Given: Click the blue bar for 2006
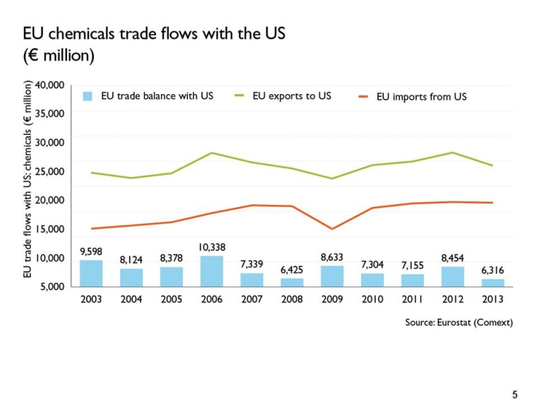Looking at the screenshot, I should click(x=211, y=271).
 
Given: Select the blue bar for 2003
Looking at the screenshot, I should click(x=90, y=274).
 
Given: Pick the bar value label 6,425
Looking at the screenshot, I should click(x=292, y=269).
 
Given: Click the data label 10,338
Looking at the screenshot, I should click(x=211, y=247).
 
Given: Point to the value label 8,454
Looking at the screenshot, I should click(x=453, y=258).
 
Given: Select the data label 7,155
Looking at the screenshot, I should click(x=413, y=265).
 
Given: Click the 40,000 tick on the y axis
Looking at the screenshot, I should click(x=50, y=85).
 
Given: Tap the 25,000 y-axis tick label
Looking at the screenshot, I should click(x=50, y=171).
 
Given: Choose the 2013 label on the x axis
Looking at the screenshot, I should click(x=493, y=299).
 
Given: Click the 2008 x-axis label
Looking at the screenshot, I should click(x=292, y=299).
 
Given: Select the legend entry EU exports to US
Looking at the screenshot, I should click(x=291, y=96).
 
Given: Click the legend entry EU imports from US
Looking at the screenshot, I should click(x=421, y=97).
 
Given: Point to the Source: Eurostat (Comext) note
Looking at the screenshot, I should click(x=459, y=322).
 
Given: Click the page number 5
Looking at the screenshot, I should click(x=514, y=394).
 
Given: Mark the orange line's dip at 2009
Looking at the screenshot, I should click(x=332, y=229).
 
